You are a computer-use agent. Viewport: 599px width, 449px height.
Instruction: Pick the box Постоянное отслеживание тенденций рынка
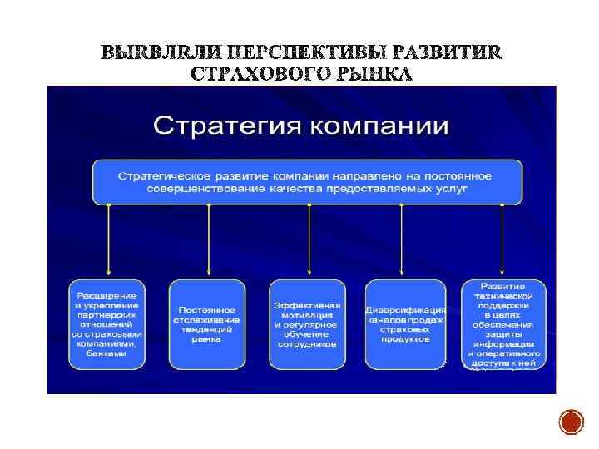click(207, 324)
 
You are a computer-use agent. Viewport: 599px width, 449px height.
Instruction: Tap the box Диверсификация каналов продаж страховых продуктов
click(405, 324)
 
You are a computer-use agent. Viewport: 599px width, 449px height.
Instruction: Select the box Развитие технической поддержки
click(504, 324)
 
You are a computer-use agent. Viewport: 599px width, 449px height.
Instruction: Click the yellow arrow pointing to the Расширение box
click(108, 241)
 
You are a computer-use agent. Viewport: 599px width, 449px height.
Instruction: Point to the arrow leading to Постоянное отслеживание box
click(208, 241)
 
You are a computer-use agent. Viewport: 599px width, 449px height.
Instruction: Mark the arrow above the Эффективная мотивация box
click(309, 241)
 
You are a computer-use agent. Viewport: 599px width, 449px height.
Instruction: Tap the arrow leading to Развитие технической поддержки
click(502, 241)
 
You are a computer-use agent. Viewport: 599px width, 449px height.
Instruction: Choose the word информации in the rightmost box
click(504, 343)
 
